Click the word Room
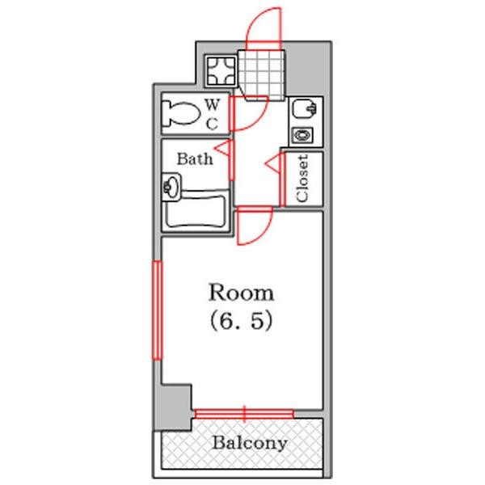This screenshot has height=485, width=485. coord(241,293)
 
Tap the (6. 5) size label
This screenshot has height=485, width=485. coord(241,321)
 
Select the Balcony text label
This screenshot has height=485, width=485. coord(250,443)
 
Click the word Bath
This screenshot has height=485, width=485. coord(195,158)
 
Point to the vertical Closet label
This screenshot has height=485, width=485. coord(302,179)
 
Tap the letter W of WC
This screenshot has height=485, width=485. coord(213,104)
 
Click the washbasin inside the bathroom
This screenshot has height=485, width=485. coord(171,187)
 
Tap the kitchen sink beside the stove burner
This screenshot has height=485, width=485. coord(305,108)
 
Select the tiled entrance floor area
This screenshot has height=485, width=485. coord(261,75)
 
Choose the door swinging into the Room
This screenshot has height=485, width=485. coord(255,226)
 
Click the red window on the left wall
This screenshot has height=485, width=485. coord(157,310)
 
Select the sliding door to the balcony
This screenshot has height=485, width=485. coord(244,414)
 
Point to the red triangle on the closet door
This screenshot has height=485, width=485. coord(274,162)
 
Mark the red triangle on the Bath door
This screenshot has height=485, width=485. coord(223,148)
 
